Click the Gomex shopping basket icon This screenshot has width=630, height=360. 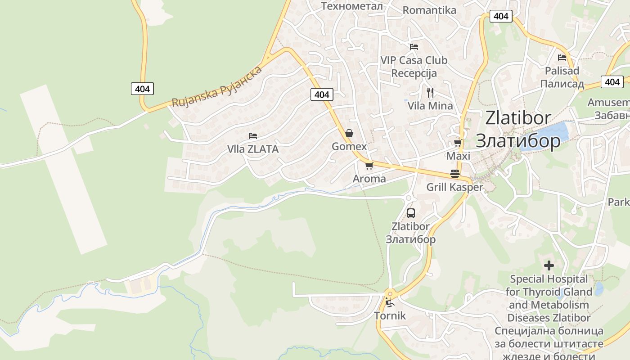(349, 133)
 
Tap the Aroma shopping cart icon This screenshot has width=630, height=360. (369, 166)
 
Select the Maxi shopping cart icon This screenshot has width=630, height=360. (458, 143)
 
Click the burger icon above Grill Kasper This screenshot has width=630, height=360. (455, 174)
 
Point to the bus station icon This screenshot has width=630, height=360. (410, 213)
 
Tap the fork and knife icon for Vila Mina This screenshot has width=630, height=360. (430, 93)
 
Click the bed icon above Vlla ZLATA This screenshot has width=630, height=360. (253, 135)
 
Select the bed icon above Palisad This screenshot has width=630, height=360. (562, 58)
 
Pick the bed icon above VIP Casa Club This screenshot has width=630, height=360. (414, 46)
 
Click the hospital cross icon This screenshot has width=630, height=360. (549, 265)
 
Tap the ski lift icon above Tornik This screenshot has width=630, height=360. (389, 302)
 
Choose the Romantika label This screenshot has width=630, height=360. (429, 10)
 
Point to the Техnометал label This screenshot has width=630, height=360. (352, 6)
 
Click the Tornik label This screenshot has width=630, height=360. (390, 316)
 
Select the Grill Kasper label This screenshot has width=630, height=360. (454, 187)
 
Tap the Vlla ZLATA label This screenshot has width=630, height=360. (253, 149)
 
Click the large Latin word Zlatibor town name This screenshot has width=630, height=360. (518, 118)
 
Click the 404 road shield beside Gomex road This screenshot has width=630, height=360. (322, 94)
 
